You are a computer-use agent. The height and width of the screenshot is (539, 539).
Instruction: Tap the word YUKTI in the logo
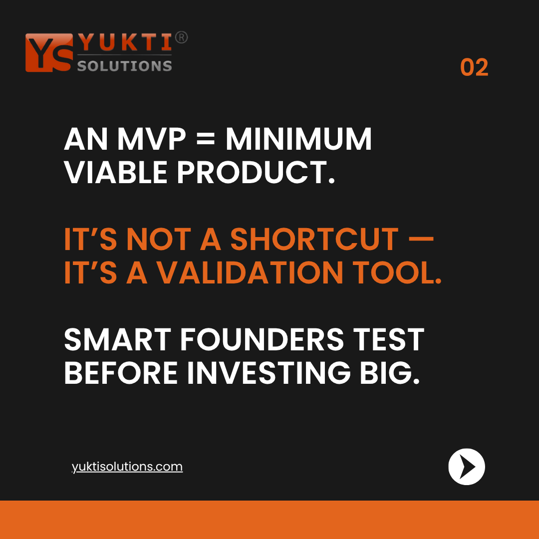click(x=125, y=43)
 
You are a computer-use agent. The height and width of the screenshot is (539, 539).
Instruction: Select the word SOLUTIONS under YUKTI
click(x=125, y=65)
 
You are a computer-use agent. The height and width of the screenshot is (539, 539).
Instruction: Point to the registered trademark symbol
click(x=182, y=38)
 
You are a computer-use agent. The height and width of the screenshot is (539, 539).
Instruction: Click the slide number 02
click(x=474, y=68)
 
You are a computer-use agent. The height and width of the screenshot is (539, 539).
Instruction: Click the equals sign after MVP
click(x=206, y=140)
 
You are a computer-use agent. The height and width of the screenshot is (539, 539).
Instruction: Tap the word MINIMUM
click(x=298, y=139)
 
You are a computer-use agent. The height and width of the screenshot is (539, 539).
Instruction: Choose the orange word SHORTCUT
click(x=314, y=240)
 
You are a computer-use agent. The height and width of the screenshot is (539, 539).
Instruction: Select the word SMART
click(x=117, y=340)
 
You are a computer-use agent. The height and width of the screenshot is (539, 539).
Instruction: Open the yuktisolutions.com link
click(x=127, y=467)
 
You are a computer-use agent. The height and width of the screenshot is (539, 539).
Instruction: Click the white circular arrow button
click(x=467, y=467)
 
